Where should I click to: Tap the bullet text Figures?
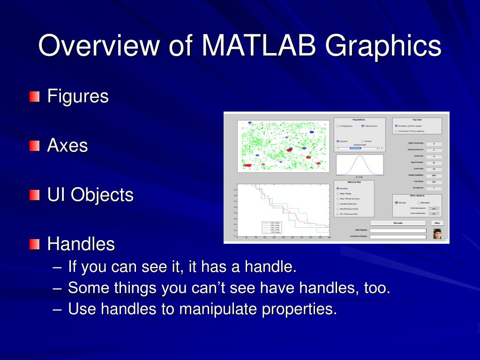[x=78, y=97]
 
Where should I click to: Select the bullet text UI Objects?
[x=90, y=195]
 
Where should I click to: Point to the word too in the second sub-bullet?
[x=375, y=288]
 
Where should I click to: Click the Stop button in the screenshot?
[x=437, y=223]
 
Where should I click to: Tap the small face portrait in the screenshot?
[x=437, y=233]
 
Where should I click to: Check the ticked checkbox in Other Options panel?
[x=397, y=202]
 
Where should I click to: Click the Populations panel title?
[x=359, y=120]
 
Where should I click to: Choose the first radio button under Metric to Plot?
[x=338, y=188]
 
